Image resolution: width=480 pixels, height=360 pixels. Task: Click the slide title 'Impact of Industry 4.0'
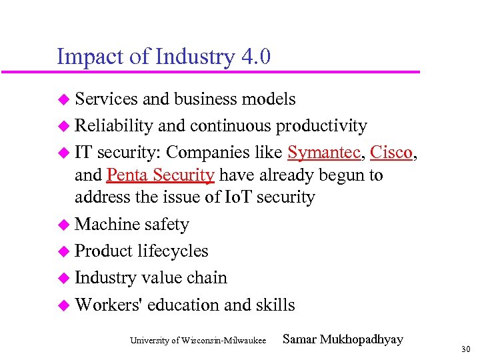pos(163,56)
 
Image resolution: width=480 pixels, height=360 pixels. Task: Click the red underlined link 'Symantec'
pos(325,153)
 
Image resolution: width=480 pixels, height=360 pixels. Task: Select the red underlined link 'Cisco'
pos(391,153)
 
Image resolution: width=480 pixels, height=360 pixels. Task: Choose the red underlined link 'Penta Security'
pos(160,175)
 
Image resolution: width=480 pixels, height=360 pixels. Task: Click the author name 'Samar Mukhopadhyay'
pos(343,339)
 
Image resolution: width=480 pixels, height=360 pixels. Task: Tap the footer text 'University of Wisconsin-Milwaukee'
pos(198,341)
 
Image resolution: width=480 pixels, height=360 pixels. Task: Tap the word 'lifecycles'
pos(173,251)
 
